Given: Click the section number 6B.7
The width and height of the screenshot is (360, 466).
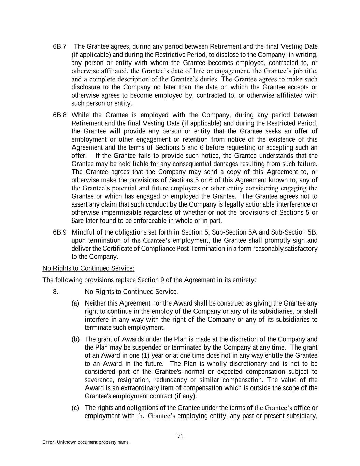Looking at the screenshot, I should [59, 47].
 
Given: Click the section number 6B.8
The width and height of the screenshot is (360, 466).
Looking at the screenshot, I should [59, 115].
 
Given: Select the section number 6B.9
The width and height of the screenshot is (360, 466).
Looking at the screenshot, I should [59, 232].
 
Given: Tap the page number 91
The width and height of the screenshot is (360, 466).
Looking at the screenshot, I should [180, 436].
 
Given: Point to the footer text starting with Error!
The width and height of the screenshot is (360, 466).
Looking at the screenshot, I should [86, 442].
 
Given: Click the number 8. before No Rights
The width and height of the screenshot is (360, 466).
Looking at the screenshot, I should [56, 292].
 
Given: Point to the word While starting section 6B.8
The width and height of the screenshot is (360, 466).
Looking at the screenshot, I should [80, 115].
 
